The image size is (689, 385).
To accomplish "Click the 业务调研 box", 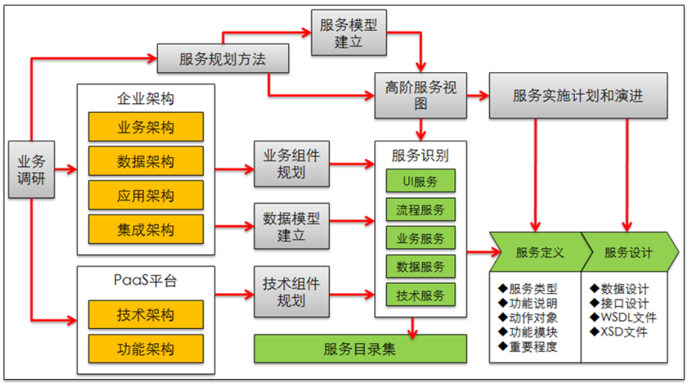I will point(32,170).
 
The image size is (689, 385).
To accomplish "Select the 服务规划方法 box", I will point(223,59).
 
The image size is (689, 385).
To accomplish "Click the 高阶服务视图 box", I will point(421,95).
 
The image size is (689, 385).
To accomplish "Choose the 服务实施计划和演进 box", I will point(578,95).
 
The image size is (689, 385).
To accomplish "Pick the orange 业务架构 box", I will point(145,127).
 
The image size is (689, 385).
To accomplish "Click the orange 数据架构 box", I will point(145,161).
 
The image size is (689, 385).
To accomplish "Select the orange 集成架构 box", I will point(145,230).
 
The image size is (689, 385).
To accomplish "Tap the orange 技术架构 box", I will point(145,315).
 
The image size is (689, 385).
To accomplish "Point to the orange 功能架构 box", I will point(145,349).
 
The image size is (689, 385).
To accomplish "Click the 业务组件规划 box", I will point(291,163).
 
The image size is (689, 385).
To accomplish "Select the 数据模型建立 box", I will point(291,226).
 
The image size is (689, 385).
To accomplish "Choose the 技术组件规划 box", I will point(291,292).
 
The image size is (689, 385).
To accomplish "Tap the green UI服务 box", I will point(420,181).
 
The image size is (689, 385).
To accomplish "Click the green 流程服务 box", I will point(420,210).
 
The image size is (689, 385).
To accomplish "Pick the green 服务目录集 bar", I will point(360,349).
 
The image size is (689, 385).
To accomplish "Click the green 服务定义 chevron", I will point(537,253).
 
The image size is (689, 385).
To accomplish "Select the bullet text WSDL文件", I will point(623,317).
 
